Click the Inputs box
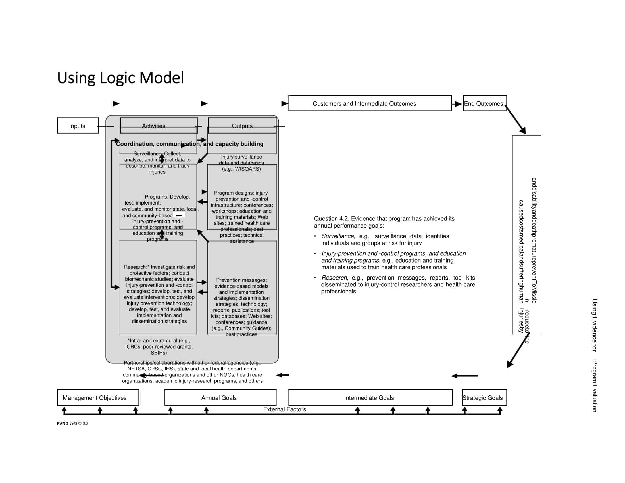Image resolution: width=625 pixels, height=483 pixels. coord(78,126)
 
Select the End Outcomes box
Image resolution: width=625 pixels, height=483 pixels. coord(484,103)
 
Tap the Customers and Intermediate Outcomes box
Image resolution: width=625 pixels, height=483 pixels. coord(370,103)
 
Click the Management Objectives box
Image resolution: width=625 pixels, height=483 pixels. coord(98,397)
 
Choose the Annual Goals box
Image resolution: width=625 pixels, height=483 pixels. coord(220,397)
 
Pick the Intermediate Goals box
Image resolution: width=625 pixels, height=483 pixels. coord(370,397)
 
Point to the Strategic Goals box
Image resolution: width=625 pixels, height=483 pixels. coord(484,397)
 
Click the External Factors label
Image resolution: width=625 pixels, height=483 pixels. coord(284,409)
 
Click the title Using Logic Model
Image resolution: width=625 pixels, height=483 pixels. coord(120,78)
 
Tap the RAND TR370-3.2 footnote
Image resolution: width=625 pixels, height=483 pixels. coord(72,424)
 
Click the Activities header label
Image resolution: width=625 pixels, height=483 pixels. coord(154,126)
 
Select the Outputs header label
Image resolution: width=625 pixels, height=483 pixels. coord(242,126)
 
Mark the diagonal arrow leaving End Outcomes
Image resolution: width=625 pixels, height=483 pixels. coord(516,120)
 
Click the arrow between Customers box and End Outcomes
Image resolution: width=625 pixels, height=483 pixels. coord(457,104)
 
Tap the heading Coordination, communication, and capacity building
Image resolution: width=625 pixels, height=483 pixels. coord(189,144)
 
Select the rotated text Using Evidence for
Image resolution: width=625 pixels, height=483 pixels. coord(594,325)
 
